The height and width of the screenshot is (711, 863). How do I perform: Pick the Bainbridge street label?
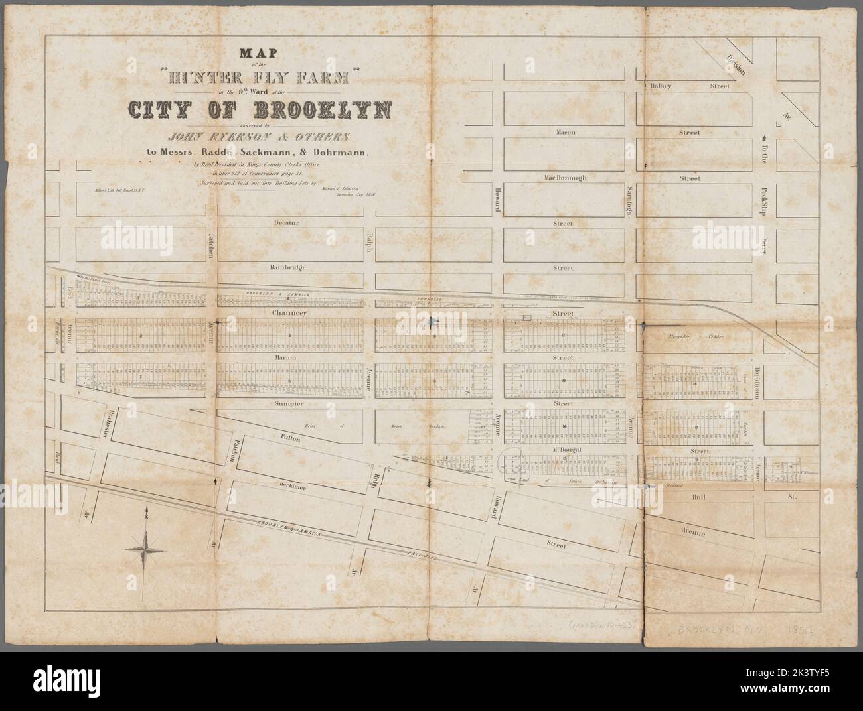pyautogui.click(x=287, y=267)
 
